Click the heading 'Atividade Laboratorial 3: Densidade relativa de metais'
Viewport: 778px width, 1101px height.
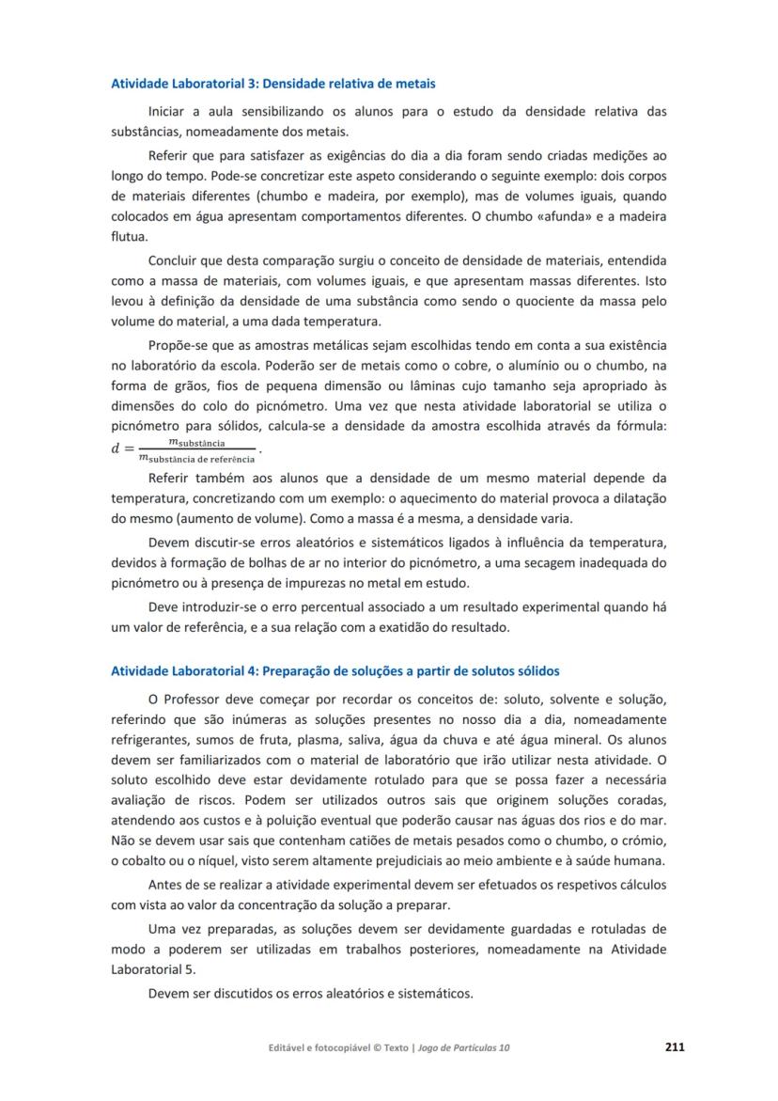272,84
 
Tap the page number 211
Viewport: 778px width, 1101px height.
675,1046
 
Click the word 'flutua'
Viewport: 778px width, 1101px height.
129,238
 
